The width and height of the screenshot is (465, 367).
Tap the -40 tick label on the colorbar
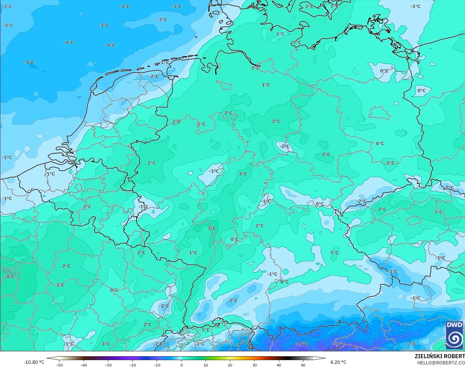84,365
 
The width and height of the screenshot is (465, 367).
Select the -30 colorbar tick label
108,365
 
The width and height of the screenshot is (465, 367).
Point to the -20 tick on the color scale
132,365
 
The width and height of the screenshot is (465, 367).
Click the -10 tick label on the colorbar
157,365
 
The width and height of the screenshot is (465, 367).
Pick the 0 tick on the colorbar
181,365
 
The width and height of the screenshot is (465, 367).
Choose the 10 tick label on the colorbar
206,365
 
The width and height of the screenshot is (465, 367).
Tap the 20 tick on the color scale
230,365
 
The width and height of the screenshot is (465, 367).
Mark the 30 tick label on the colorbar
254,365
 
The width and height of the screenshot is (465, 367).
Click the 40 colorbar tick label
279,365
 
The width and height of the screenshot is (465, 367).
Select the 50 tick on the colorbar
303,365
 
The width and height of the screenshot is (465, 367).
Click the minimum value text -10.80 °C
34,362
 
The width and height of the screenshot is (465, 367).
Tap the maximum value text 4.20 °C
338,362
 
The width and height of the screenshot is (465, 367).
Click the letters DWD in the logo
454,325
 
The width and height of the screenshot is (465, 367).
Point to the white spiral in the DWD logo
454,339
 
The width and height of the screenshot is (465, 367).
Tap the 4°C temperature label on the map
10,277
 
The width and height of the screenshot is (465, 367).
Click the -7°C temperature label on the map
241,344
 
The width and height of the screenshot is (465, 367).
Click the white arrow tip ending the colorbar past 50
323,358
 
